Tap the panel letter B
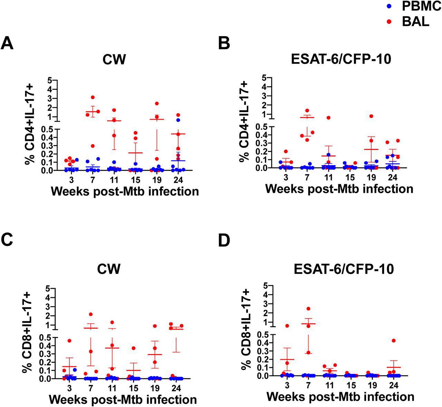[225, 44]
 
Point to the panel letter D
[225, 241]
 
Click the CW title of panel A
[114, 60]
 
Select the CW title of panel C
[111, 268]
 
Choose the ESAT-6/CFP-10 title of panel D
[343, 269]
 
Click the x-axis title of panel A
[125, 191]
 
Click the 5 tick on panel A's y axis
[50, 80]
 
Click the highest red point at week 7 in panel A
[93, 97]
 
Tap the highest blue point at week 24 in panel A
[178, 120]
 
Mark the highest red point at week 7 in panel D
[308, 309]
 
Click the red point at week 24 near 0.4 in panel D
[393, 341]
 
